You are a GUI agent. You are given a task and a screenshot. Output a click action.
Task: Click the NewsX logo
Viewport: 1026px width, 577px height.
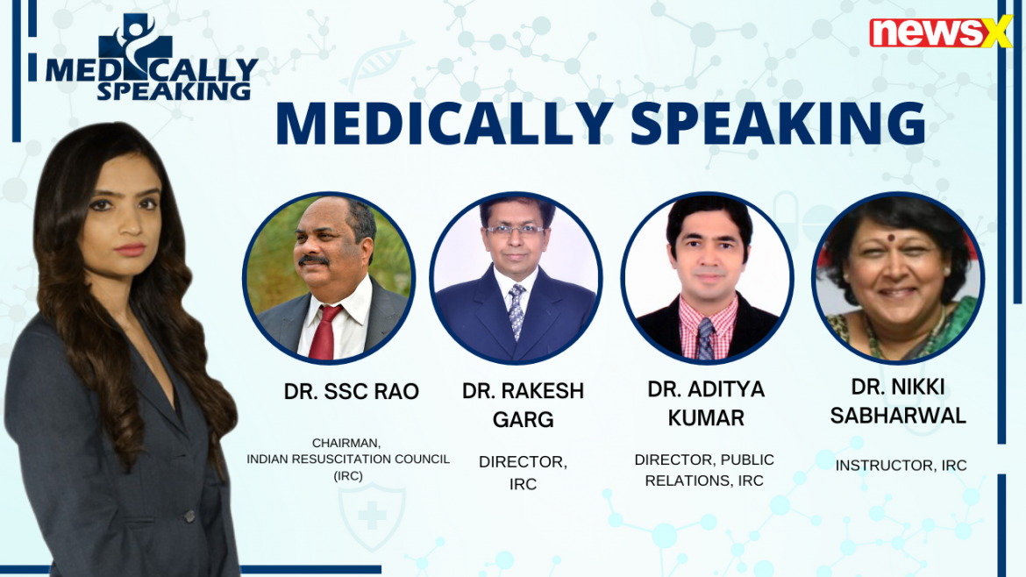pyautogui.click(x=940, y=32)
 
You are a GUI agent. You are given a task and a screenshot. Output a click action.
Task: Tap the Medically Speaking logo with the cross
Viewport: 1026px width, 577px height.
pyautogui.click(x=152, y=58)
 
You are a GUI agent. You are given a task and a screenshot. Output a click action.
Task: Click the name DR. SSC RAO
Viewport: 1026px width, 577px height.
pyautogui.click(x=352, y=391)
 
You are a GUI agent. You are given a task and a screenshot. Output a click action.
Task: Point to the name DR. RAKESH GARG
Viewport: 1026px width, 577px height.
pyautogui.click(x=523, y=405)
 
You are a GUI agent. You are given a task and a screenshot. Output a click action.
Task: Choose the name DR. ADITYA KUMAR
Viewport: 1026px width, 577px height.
pyautogui.click(x=706, y=403)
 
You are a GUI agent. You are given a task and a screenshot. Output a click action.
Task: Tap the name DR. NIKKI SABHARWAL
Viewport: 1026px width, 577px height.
pyautogui.click(x=898, y=401)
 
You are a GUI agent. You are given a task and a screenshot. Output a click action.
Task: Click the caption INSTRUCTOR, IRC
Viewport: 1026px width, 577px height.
pyautogui.click(x=901, y=465)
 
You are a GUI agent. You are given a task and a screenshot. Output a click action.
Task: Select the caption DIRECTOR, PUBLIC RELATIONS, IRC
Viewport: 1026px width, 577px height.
pyautogui.click(x=704, y=470)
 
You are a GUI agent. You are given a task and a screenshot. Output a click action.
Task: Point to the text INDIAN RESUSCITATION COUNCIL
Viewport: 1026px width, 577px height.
pyautogui.click(x=348, y=459)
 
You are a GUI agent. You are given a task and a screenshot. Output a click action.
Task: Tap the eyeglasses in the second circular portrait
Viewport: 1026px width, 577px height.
pyautogui.click(x=515, y=230)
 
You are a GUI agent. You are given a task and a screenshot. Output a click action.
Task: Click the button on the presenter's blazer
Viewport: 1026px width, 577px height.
pyautogui.click(x=189, y=516)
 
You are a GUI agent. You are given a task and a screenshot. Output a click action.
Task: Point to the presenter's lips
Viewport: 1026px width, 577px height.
pyautogui.click(x=130, y=249)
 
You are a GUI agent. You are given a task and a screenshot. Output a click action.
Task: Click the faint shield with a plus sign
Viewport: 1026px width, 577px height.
pyautogui.click(x=372, y=516)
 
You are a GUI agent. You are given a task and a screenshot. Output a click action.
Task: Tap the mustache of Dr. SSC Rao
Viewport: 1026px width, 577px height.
pyautogui.click(x=313, y=260)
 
